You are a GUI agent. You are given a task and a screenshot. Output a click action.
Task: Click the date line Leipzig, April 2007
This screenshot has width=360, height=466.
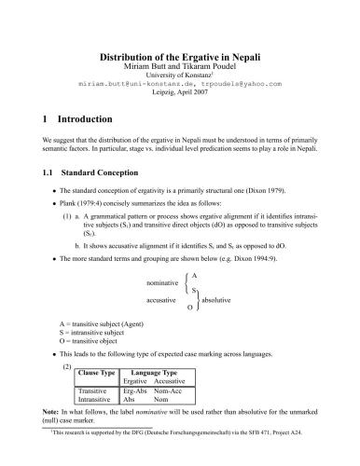click(180, 93)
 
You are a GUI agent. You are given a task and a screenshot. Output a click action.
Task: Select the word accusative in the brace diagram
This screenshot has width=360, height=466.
click(165, 301)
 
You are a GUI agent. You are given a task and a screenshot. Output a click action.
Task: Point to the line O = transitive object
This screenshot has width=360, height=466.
click(86, 339)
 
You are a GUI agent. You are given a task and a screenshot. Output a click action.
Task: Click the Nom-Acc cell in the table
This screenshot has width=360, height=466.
click(170, 391)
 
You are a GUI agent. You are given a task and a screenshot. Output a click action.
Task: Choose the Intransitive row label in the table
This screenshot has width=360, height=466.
click(96, 400)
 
